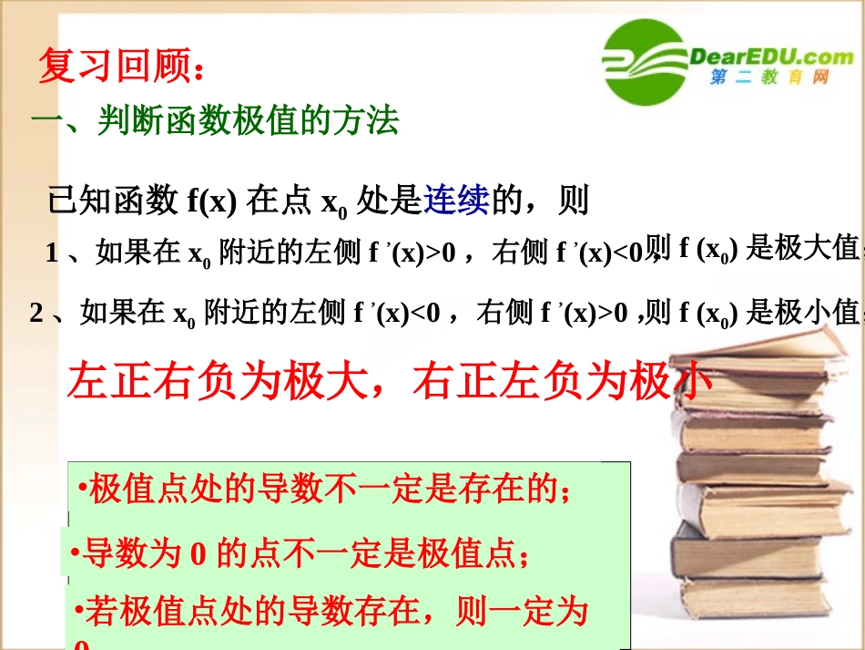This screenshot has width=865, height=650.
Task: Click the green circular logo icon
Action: (644, 63)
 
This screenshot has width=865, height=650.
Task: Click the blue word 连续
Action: (457, 200)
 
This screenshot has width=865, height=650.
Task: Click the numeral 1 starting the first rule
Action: (52, 253)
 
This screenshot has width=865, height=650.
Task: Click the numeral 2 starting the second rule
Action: (36, 314)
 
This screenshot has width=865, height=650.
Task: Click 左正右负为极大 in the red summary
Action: (219, 381)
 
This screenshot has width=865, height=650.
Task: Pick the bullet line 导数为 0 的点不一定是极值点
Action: (300, 552)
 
